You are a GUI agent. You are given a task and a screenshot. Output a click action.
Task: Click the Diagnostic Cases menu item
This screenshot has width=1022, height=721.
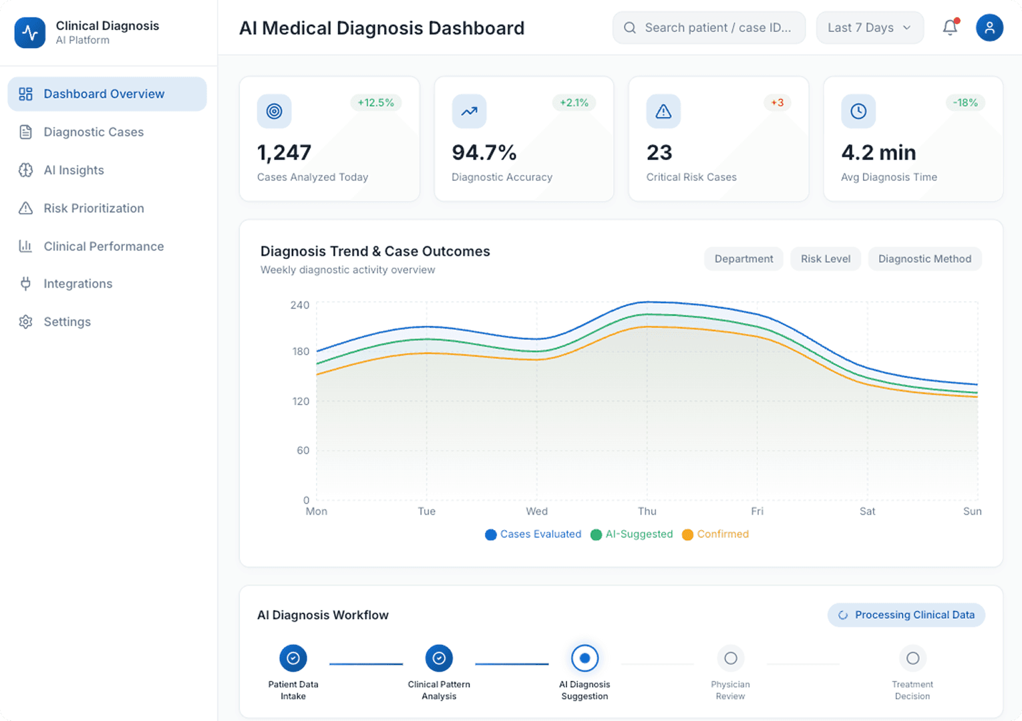(x=94, y=132)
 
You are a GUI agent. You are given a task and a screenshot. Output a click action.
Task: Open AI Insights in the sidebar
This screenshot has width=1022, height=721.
(x=73, y=170)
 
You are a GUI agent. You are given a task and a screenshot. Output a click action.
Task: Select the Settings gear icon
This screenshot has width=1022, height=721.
(x=25, y=322)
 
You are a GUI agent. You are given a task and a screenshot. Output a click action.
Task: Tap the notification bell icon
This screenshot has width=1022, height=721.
(x=950, y=27)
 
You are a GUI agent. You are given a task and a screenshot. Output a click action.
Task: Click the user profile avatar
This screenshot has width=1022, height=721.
(x=989, y=27)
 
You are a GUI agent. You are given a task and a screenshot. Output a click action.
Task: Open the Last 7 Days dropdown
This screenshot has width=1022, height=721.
(x=869, y=27)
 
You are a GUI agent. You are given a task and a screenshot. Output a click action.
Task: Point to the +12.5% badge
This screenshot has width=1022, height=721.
(x=375, y=103)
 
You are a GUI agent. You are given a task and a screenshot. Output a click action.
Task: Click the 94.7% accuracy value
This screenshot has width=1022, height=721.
(x=484, y=153)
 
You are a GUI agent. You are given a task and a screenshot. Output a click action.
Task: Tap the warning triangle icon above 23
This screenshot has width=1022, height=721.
(x=663, y=111)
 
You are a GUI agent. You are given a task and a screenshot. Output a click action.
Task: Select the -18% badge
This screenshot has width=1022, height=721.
(x=965, y=103)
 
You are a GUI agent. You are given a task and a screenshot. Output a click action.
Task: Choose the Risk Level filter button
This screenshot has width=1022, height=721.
(x=826, y=259)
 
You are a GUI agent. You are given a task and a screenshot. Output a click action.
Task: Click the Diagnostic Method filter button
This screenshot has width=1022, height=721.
(x=924, y=259)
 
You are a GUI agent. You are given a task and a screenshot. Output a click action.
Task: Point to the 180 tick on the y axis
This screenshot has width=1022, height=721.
(x=301, y=351)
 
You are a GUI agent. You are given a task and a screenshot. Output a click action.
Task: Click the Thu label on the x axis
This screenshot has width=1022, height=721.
(x=647, y=511)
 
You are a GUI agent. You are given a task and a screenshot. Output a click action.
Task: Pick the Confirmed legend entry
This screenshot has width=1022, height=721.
(x=715, y=534)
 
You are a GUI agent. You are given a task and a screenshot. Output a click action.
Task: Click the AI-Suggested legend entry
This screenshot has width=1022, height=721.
(x=632, y=534)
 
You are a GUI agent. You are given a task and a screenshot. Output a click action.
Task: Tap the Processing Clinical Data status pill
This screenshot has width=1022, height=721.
(x=906, y=615)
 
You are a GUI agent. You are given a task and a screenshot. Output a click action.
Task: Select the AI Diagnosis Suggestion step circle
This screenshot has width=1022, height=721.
(x=584, y=658)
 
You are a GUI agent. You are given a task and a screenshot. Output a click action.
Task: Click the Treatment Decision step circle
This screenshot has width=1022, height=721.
(x=912, y=658)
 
